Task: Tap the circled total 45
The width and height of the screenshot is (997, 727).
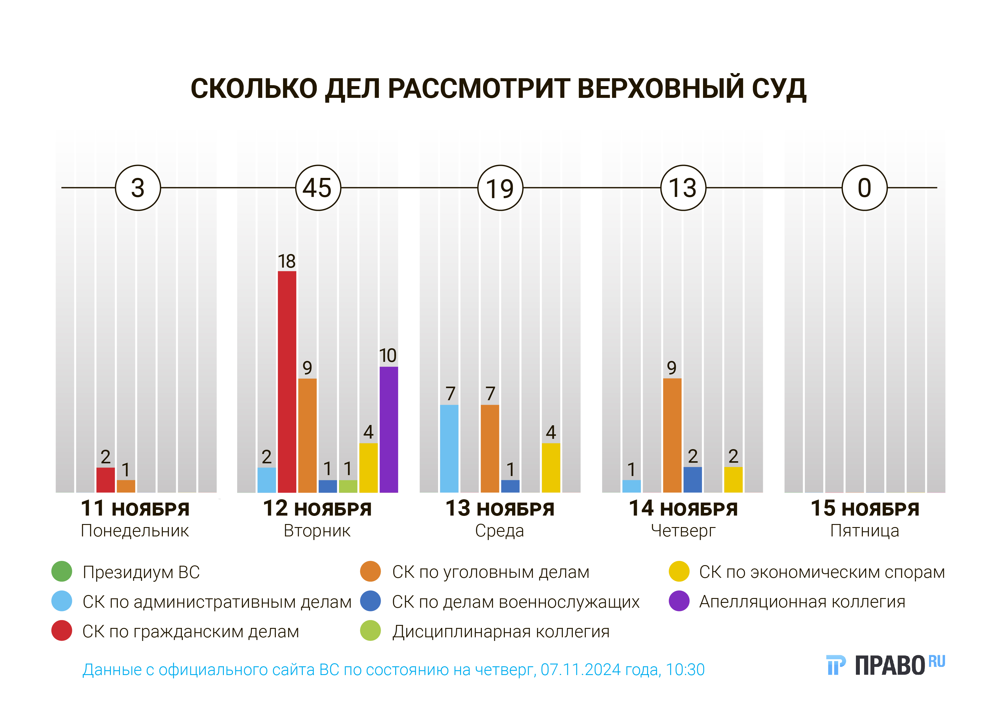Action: click(x=318, y=188)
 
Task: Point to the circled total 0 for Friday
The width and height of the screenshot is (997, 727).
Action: click(x=864, y=188)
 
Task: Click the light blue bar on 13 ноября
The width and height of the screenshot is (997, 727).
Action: click(x=449, y=449)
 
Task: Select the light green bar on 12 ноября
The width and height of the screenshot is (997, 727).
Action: click(x=348, y=486)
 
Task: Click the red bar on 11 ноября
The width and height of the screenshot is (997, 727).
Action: click(x=106, y=480)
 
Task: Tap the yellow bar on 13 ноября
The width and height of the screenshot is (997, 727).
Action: click(x=551, y=468)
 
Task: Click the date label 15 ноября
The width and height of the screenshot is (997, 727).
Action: click(x=864, y=509)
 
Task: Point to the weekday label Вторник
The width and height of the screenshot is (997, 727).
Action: click(x=317, y=531)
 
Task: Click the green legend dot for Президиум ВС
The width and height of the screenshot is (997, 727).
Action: click(x=62, y=572)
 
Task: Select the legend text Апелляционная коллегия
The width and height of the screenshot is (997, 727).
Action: click(x=802, y=602)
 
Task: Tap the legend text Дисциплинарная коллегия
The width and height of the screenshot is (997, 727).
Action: click(x=501, y=632)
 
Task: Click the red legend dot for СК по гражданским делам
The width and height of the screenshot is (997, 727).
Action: click(x=62, y=631)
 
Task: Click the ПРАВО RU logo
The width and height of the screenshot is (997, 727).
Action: click(x=886, y=665)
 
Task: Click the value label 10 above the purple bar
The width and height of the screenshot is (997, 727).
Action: click(x=388, y=355)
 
